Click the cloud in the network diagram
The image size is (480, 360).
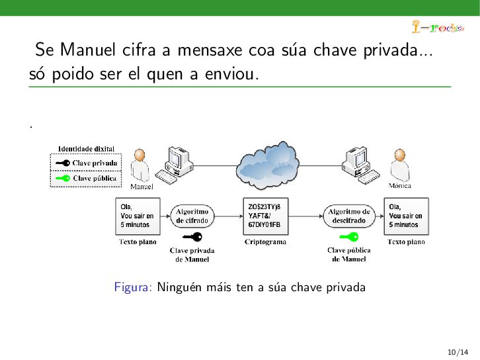pyautogui.click(x=268, y=163)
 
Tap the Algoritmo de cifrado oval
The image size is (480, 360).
pyautogui.click(x=192, y=216)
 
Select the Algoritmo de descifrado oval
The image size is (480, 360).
pyautogui.click(x=348, y=216)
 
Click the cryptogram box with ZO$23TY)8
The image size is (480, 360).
pyautogui.click(x=264, y=216)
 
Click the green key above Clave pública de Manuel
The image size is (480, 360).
pyautogui.click(x=348, y=236)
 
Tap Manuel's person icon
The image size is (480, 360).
pyautogui.click(x=140, y=165)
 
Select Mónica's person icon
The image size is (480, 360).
pyautogui.click(x=399, y=165)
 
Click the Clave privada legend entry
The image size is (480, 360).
pyautogui.click(x=85, y=163)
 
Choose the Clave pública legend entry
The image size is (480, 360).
pyautogui.click(x=85, y=178)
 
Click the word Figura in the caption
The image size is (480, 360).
pyautogui.click(x=133, y=287)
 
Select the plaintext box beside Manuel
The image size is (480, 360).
pyautogui.click(x=138, y=216)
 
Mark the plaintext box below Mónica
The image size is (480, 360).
pyautogui.click(x=406, y=216)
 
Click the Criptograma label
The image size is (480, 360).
pyautogui.click(x=265, y=242)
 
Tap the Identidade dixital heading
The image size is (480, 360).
pyautogui.click(x=86, y=149)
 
